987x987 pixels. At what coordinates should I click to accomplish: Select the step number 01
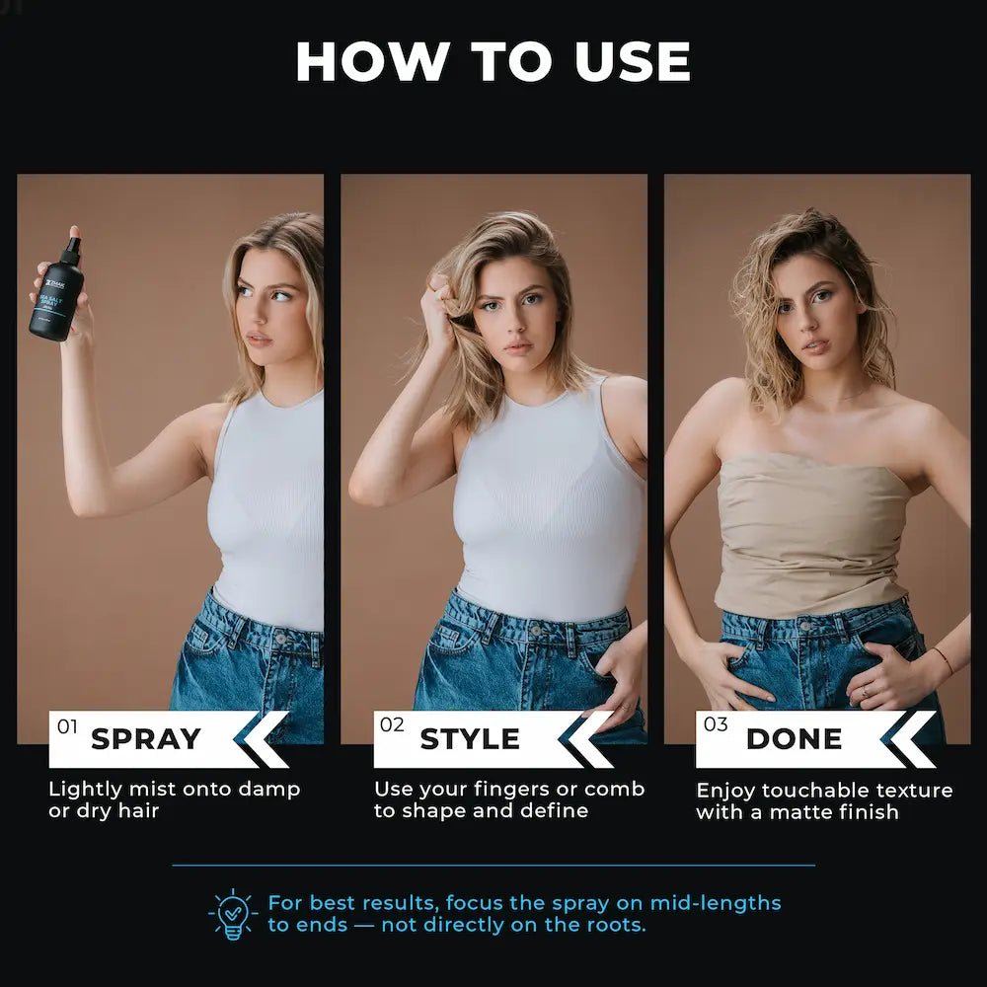[67, 726]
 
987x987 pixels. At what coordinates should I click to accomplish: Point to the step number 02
[392, 725]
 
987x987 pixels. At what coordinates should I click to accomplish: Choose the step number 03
[715, 725]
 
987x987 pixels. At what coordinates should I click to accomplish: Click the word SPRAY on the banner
[145, 739]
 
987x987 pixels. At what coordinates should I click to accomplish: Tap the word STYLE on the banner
[470, 739]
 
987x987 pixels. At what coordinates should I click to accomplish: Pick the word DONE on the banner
[794, 739]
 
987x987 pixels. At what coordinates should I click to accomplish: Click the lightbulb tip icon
[233, 914]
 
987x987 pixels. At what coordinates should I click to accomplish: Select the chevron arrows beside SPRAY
[259, 739]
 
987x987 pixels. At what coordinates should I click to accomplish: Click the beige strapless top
[811, 533]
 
